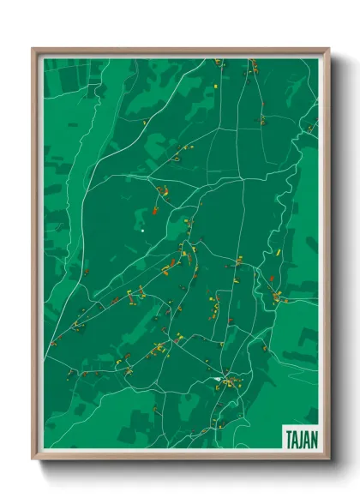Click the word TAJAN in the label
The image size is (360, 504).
point(300,437)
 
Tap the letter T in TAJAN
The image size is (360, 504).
point(288,437)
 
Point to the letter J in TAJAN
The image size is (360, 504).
point(301,437)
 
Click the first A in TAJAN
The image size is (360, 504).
point(294,437)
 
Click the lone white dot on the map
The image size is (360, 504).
point(142,230)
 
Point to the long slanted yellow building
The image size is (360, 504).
point(280,251)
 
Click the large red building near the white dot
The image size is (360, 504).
point(155,210)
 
